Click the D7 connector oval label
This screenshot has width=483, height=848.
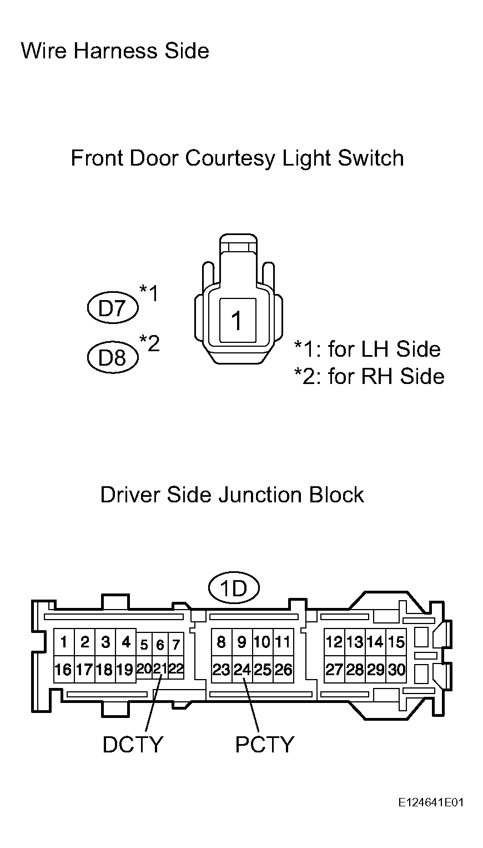click(113, 308)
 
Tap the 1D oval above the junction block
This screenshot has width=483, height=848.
click(234, 588)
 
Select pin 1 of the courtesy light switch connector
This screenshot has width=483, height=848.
click(237, 321)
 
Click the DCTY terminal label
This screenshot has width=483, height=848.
click(133, 744)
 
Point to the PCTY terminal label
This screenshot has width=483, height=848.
click(264, 744)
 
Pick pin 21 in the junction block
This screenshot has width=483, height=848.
click(160, 669)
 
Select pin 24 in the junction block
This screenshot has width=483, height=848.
click(242, 670)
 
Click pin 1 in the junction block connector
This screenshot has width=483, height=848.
click(64, 642)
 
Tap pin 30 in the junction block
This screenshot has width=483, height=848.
click(396, 670)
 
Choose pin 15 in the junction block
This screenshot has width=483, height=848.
click(396, 642)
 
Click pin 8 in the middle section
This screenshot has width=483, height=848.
click(221, 642)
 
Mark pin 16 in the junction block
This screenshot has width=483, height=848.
click(63, 670)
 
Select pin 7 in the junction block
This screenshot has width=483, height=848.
click(176, 645)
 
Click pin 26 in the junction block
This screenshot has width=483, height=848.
click(283, 670)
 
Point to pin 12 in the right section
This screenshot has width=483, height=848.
click(334, 642)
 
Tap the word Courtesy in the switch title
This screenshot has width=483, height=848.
click(230, 158)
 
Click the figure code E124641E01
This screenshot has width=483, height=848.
click(430, 802)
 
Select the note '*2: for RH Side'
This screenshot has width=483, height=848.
click(369, 376)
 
